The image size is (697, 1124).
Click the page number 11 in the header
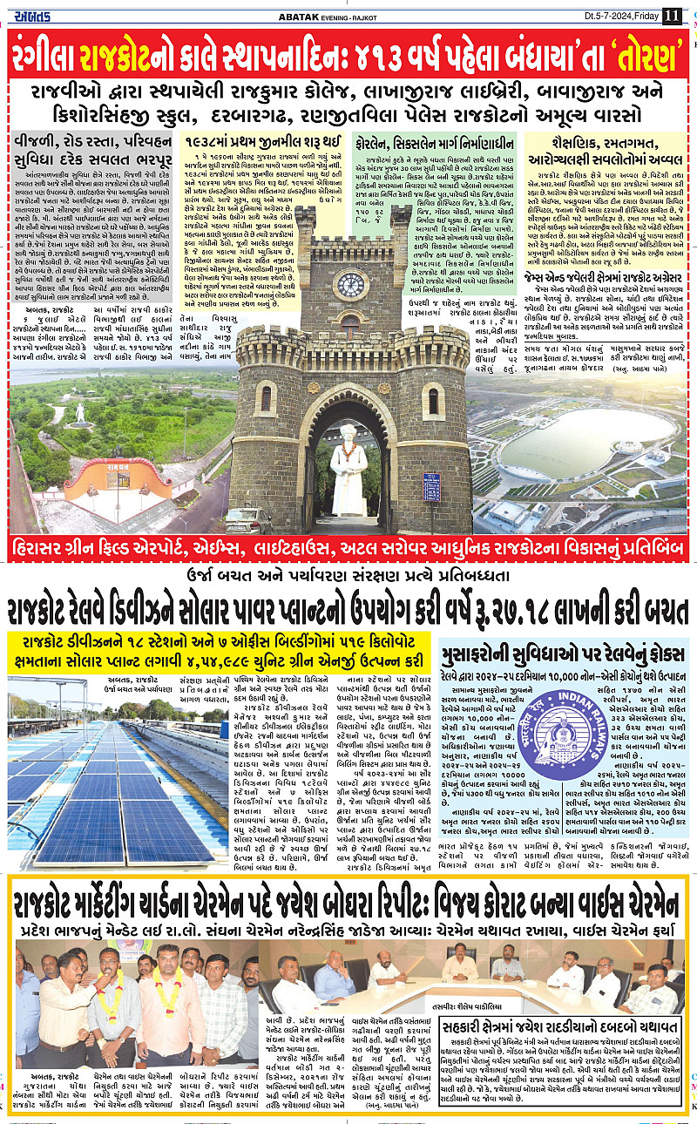click(x=672, y=15)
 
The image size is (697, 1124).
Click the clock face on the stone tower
click(x=351, y=284)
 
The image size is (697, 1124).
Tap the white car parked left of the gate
click(x=248, y=520)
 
